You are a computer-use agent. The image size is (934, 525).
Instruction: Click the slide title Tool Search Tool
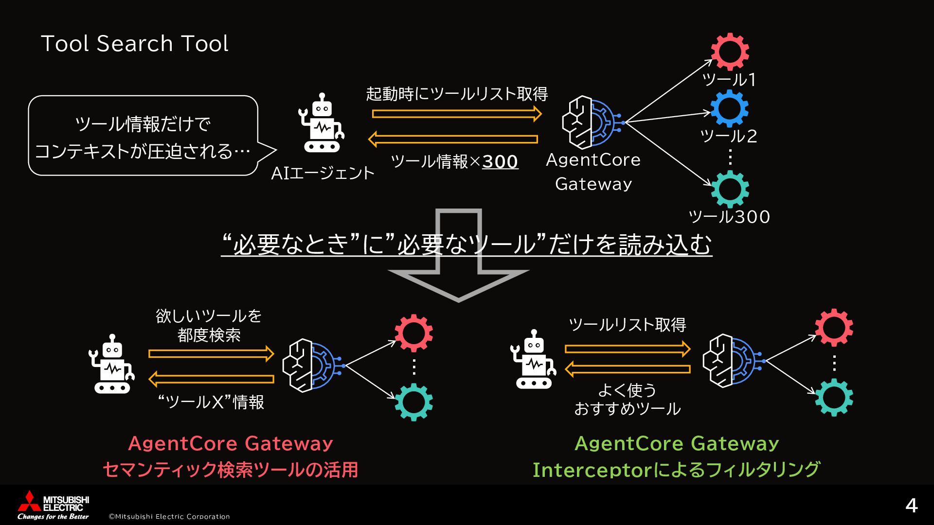(135, 44)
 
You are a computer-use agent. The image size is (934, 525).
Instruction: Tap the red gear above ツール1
(730, 51)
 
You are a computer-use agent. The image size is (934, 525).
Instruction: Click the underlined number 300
(500, 162)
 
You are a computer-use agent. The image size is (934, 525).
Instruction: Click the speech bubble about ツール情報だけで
(143, 137)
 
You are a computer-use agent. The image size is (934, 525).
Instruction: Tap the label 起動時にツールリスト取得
(457, 93)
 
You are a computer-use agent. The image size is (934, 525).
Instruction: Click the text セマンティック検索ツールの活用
(231, 470)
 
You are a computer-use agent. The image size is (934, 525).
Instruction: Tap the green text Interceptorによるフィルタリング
(676, 470)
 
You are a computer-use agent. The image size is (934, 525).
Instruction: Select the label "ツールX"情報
(211, 402)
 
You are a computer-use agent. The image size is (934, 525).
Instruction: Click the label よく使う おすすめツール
(627, 399)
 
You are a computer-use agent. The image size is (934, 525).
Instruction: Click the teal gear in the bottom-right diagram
(834, 398)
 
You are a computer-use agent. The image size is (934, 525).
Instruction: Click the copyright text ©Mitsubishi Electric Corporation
(169, 516)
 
